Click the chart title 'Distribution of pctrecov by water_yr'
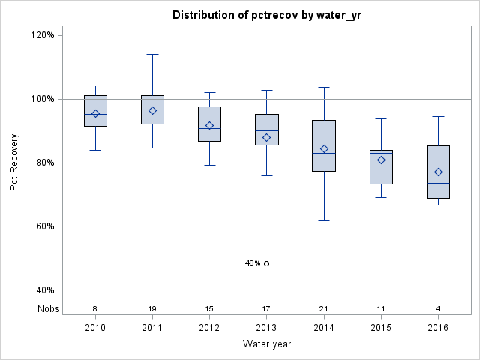(x=266, y=15)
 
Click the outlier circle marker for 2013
(x=266, y=263)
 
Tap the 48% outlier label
(x=252, y=263)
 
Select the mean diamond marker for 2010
(x=95, y=114)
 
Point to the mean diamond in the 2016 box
(x=438, y=172)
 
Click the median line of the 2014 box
(x=324, y=153)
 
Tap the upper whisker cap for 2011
(x=152, y=54)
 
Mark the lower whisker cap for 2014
(x=324, y=220)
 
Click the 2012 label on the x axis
(x=209, y=328)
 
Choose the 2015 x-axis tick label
(x=381, y=328)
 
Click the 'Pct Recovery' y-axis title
(x=14, y=163)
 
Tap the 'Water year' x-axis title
(x=266, y=344)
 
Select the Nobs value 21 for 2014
(x=324, y=308)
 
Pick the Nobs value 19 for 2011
(x=152, y=308)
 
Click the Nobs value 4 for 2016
(x=438, y=308)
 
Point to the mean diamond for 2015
(x=381, y=160)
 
